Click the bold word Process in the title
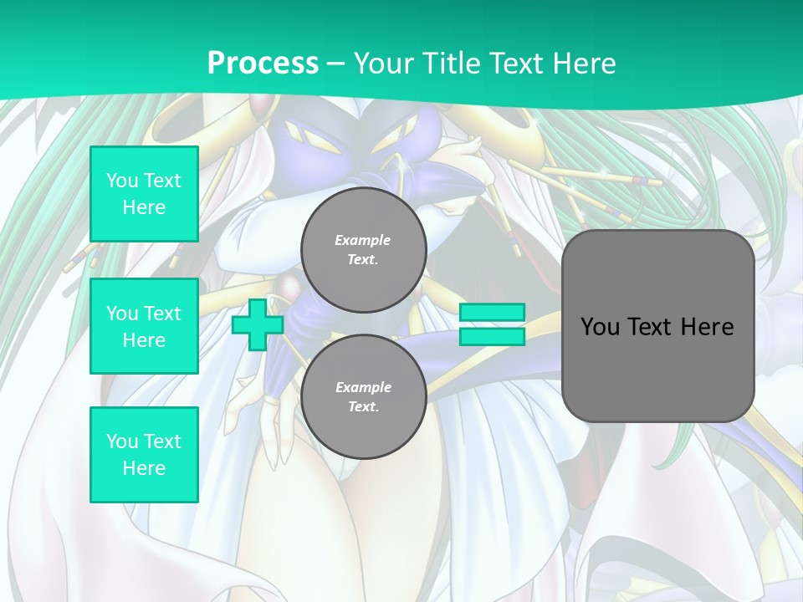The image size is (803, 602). (263, 63)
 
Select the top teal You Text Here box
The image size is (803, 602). (144, 194)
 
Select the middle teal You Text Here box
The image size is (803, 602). (144, 326)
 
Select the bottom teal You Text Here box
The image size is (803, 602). (144, 454)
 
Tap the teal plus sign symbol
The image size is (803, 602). (257, 325)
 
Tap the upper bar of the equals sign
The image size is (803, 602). (492, 312)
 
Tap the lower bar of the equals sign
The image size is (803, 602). (492, 336)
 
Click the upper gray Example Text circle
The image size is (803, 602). (363, 249)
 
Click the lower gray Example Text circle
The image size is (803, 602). (363, 396)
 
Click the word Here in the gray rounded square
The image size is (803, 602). (707, 327)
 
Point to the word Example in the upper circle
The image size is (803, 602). (362, 240)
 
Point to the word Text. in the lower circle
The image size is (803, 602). (363, 406)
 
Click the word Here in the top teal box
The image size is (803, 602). (144, 207)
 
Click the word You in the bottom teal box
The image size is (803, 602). (122, 441)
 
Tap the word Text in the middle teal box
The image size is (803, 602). (162, 314)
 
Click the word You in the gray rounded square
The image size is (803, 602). (599, 327)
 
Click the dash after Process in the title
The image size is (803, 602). (335, 63)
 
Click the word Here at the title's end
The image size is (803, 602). (585, 63)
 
